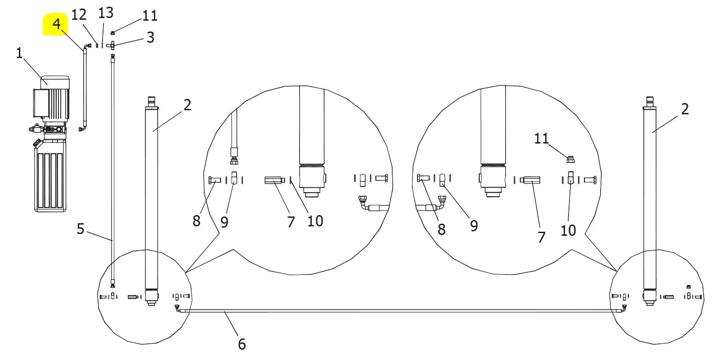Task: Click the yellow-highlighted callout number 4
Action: (x=56, y=24)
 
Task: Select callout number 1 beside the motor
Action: (x=19, y=53)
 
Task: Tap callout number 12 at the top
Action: (x=79, y=15)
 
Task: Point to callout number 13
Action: (x=106, y=13)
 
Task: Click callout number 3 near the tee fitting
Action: (x=151, y=37)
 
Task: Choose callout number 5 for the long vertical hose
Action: (x=81, y=229)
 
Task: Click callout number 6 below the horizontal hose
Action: (x=242, y=344)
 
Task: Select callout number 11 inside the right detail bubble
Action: (x=542, y=139)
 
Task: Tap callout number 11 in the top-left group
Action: (x=150, y=15)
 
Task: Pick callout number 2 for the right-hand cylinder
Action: (x=685, y=109)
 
